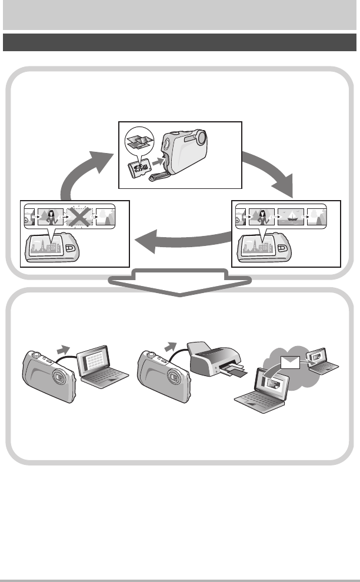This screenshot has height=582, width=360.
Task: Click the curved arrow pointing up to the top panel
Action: click(x=82, y=171)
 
